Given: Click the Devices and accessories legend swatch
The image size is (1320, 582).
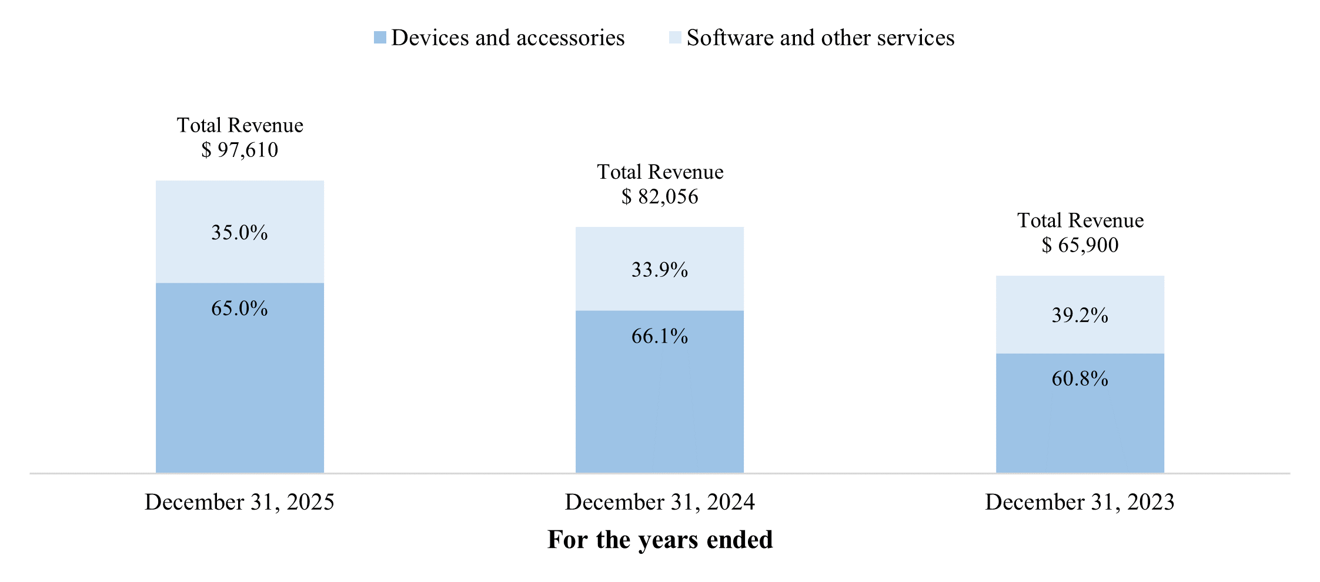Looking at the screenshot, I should (380, 38).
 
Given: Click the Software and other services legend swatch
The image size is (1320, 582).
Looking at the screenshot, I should (675, 38).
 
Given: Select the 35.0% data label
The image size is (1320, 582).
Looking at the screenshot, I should (239, 233).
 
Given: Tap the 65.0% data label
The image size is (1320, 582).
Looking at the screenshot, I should (239, 308).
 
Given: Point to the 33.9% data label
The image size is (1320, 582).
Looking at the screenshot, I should (660, 270).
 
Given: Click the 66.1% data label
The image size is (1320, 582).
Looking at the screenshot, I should (660, 336).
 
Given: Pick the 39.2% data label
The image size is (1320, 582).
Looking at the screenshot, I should (1080, 316).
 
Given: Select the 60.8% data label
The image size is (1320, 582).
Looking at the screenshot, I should (1080, 379).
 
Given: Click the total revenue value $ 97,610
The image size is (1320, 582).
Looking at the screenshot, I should (239, 150).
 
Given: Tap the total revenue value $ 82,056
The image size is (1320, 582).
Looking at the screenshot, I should (660, 196).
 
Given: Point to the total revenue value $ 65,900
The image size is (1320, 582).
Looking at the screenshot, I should (1080, 245).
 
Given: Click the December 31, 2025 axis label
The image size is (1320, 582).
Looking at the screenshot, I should (239, 502).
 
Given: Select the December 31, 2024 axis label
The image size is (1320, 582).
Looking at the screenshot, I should (660, 502).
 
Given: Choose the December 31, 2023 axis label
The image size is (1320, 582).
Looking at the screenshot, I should (1080, 502).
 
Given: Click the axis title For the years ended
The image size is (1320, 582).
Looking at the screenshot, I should (660, 540).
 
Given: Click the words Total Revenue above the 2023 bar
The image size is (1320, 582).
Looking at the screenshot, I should (1080, 220).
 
